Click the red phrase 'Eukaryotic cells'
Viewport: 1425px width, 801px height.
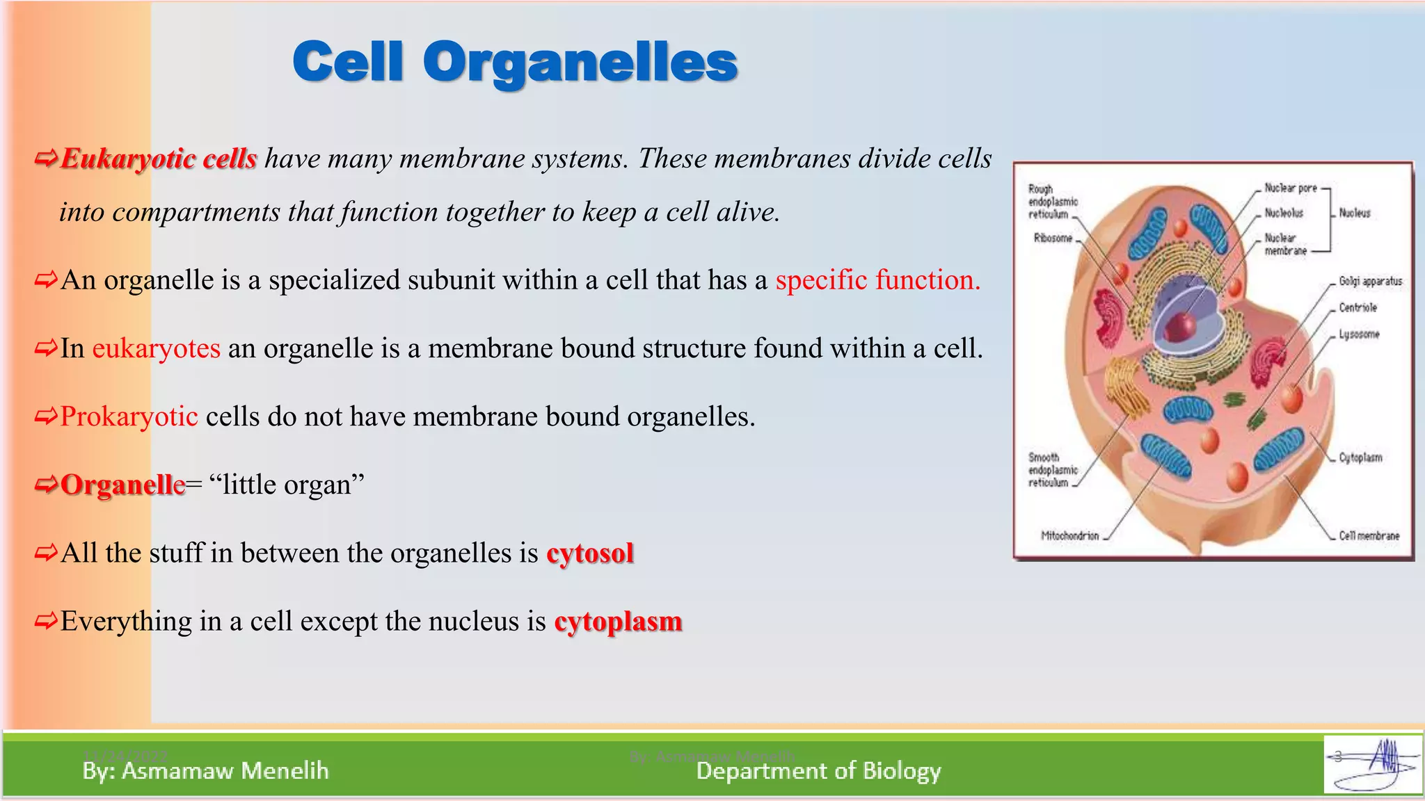click(159, 159)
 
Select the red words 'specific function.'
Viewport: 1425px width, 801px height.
click(877, 280)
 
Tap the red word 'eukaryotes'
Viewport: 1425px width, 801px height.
click(156, 348)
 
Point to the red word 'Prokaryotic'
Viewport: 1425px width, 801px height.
click(129, 416)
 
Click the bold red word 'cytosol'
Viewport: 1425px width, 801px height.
click(590, 553)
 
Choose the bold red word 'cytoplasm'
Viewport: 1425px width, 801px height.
click(618, 622)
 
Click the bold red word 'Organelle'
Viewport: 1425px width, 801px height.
click(123, 485)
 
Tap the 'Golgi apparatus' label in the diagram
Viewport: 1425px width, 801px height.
click(1370, 282)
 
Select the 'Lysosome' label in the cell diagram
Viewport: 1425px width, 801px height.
click(1358, 334)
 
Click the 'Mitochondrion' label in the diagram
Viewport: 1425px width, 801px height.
click(1069, 535)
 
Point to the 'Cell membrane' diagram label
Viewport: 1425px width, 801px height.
click(1369, 535)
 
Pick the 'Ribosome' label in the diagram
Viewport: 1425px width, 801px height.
click(1053, 238)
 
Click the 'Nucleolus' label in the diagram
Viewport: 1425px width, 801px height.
click(1283, 213)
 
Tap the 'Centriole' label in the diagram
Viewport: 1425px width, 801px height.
click(1358, 307)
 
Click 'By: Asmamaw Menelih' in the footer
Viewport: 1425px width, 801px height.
click(205, 770)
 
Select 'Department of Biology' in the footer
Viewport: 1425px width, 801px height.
click(818, 770)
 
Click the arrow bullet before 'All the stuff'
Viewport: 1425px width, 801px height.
click(46, 553)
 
